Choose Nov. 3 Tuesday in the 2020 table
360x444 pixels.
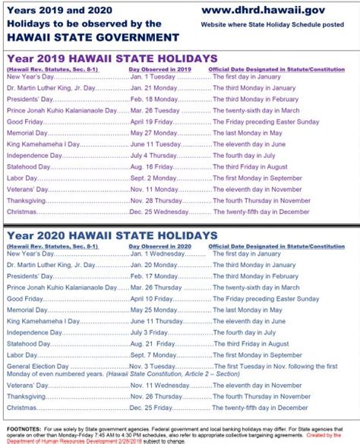tap(155, 365)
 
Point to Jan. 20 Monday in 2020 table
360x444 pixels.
tap(156, 265)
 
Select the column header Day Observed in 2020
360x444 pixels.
tap(164, 246)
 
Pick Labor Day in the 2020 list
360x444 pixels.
tap(22, 354)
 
